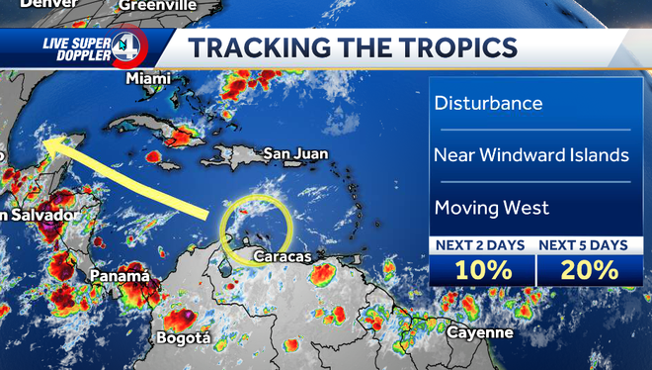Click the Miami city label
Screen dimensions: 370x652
coord(148,77)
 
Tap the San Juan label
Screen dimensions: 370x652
coord(295,153)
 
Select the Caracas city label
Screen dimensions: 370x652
coord(282,257)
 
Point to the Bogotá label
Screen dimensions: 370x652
coord(183,338)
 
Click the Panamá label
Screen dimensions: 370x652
coord(119,275)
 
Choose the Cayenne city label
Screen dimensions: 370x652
coord(479,332)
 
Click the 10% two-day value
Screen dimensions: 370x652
coord(482,268)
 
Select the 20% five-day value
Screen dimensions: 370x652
coord(589,268)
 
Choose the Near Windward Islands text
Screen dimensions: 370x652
coord(530,155)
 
